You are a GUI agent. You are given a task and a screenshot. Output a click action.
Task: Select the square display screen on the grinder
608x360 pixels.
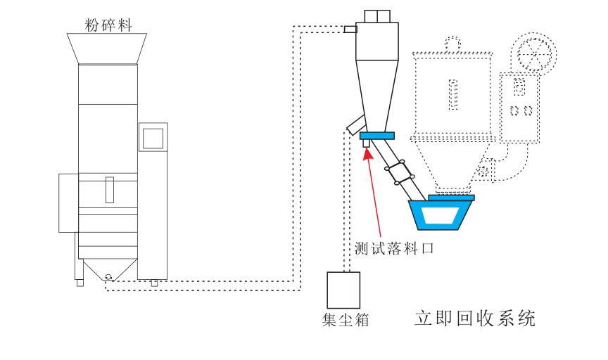pyautogui.click(x=153, y=136)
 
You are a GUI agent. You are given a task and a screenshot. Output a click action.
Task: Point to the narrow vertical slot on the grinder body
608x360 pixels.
pyautogui.click(x=109, y=190)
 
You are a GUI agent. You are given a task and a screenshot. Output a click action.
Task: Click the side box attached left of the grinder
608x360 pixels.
pyautogui.click(x=68, y=202)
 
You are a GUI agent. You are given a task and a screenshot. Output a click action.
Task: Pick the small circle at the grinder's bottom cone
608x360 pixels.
pyautogui.click(x=108, y=276)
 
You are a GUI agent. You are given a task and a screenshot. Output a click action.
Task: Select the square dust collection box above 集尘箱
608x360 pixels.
pyautogui.click(x=343, y=290)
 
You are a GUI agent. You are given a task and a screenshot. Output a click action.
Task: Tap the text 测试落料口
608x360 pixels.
pyautogui.click(x=392, y=248)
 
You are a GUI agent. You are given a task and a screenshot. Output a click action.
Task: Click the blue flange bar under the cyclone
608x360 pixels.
pyautogui.click(x=376, y=136)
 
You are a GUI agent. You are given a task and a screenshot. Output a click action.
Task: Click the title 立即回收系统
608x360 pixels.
pyautogui.click(x=475, y=319)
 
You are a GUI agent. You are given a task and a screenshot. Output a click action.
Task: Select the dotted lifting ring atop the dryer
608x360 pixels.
pyautogui.click(x=454, y=45)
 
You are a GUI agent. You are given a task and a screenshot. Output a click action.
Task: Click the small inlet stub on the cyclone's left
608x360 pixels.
pyautogui.click(x=349, y=29)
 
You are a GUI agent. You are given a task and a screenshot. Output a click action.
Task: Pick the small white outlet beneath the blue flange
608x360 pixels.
pyautogui.click(x=366, y=143)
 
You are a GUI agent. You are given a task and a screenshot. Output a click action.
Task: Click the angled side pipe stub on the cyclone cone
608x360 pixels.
pyautogui.click(x=355, y=124)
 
